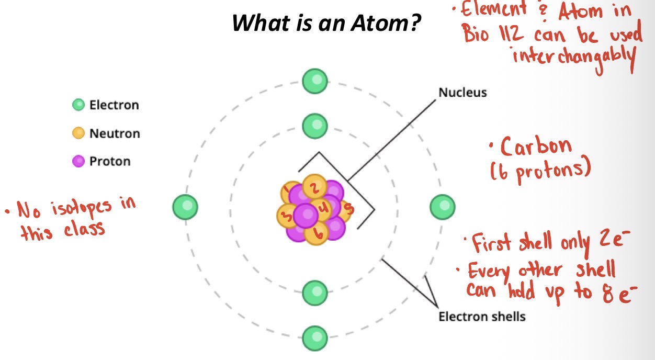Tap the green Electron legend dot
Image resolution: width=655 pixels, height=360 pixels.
(78, 105)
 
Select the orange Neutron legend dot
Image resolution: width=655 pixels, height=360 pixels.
(78, 133)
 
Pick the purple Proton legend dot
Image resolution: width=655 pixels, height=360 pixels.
(78, 161)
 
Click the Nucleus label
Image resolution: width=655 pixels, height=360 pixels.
(462, 93)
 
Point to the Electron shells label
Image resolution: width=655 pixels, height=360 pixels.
(482, 317)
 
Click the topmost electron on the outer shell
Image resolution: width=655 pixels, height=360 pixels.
(315, 82)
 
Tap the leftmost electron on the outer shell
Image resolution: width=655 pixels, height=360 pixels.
(185, 207)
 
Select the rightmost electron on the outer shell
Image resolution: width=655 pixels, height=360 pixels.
(443, 207)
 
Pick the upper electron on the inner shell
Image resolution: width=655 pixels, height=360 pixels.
(315, 126)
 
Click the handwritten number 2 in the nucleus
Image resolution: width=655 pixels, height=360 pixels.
(313, 187)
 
